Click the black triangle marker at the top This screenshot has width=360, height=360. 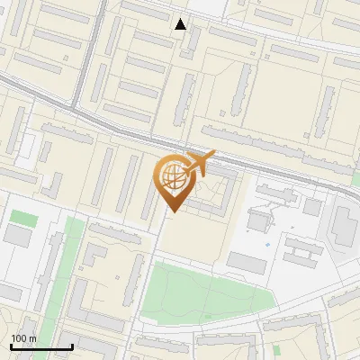[x=181, y=24]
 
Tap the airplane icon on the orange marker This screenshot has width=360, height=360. [x=199, y=163]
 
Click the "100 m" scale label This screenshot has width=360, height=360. [x=23, y=338]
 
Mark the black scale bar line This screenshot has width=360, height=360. [x=41, y=346]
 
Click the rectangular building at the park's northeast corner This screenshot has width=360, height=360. [x=246, y=263]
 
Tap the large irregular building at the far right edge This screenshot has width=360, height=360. [x=343, y=225]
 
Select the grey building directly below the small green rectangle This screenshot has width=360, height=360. [x=18, y=236]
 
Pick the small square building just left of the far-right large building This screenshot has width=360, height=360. [x=312, y=207]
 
